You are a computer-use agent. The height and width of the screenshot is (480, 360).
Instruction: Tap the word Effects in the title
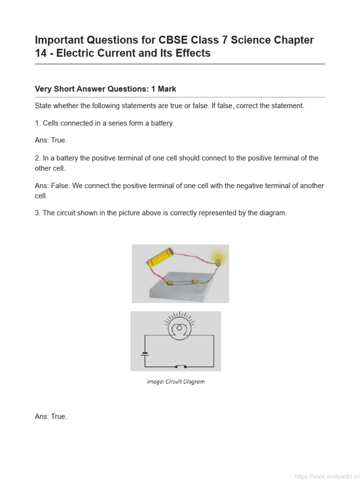click(x=192, y=53)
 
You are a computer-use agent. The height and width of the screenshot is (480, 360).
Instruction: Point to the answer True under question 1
click(x=59, y=141)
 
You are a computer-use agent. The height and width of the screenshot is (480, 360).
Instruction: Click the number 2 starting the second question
click(x=37, y=158)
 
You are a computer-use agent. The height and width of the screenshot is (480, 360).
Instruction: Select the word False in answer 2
click(x=60, y=186)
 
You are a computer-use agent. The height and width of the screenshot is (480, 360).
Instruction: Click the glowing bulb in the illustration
click(x=217, y=257)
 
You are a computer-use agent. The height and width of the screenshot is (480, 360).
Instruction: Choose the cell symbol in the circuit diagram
click(x=145, y=352)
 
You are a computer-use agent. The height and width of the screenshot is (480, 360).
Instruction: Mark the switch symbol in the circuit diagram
click(x=180, y=366)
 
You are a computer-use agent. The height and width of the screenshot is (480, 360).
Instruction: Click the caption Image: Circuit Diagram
click(x=176, y=382)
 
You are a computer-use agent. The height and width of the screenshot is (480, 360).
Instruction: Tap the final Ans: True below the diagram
click(x=51, y=416)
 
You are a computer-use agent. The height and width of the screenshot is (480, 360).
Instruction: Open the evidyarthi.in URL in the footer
click(x=327, y=476)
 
